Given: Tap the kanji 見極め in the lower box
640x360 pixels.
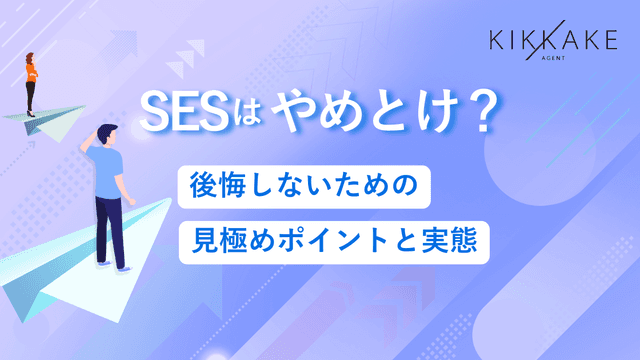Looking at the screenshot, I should (231, 241).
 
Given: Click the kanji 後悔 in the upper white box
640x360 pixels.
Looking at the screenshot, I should (213, 186).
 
